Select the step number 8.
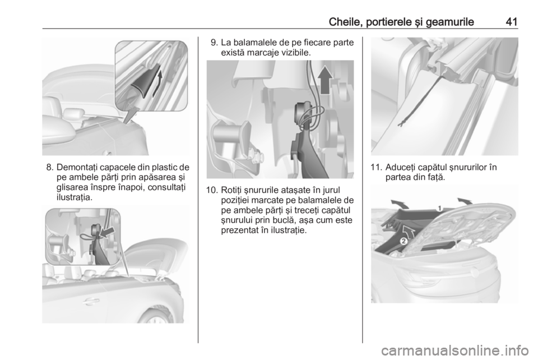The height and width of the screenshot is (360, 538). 50,168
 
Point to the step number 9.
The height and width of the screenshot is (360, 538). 214,43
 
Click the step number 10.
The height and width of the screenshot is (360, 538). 211,190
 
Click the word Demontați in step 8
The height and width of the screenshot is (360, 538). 74,168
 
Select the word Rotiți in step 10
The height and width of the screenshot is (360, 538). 231,191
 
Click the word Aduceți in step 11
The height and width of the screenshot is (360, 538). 399,168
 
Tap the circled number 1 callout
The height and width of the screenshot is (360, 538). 438,209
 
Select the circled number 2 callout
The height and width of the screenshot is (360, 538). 404,241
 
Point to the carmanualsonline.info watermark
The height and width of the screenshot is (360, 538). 455,350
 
